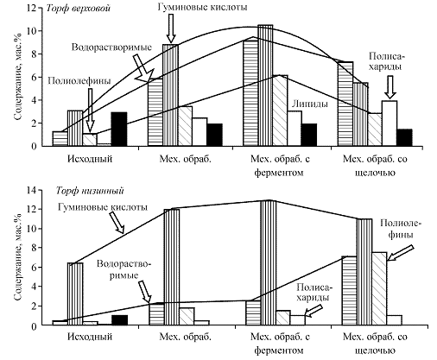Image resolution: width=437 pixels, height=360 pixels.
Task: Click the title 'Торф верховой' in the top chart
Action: coord(79,8)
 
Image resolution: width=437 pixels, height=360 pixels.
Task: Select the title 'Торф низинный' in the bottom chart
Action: coord(90,191)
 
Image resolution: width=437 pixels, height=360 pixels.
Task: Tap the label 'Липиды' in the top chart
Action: coord(310,104)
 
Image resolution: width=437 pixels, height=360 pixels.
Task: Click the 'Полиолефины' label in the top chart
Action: coord(79,81)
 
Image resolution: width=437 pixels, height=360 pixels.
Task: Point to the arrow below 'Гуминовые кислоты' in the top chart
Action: coord(171,28)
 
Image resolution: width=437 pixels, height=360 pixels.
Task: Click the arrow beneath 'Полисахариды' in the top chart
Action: coord(390,87)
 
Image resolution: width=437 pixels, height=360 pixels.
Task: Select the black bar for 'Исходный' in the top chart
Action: coord(119,129)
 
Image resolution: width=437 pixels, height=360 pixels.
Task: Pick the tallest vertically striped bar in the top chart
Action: coord(265,85)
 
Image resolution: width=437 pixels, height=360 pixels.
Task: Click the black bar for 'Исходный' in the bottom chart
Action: coord(119,320)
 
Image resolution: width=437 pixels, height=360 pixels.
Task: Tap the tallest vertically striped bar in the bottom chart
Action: coord(269,262)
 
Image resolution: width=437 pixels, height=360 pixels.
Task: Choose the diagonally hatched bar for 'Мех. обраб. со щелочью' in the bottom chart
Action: coord(379,288)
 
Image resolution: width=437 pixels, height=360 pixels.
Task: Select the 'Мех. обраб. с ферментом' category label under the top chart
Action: coord(280,166)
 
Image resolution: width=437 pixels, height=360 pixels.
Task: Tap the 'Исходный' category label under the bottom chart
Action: coord(90,337)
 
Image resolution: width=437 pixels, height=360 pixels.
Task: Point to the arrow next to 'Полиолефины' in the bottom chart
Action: coord(400,253)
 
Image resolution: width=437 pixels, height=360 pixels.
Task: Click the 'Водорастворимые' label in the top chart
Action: coord(111,47)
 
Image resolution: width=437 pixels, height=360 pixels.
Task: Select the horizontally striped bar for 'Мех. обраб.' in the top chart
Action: coord(155,112)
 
